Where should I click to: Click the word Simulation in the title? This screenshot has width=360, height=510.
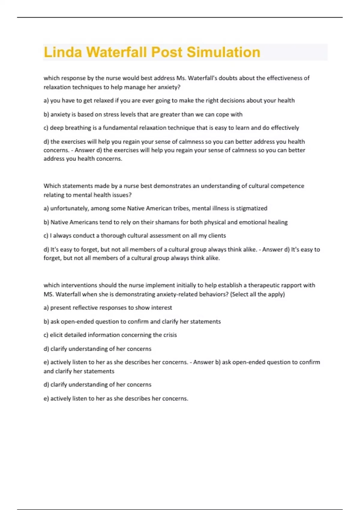coord(223,52)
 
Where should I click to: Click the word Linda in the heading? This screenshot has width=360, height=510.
coord(63,52)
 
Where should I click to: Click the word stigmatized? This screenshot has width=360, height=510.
coord(252,208)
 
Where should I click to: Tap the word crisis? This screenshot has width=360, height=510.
coord(170,335)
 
